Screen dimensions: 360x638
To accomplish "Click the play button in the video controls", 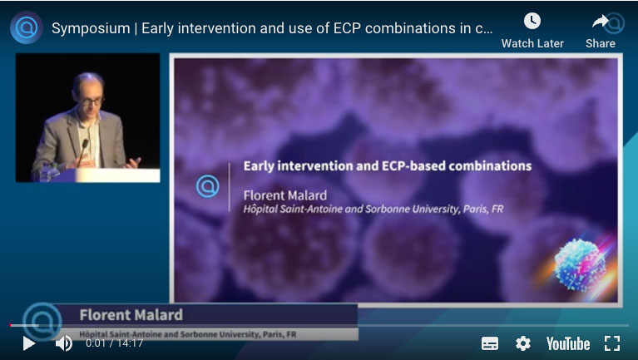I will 28,343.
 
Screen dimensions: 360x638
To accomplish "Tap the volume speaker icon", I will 63,343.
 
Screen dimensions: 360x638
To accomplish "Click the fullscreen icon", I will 612,343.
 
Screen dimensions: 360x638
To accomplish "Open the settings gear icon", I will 522,343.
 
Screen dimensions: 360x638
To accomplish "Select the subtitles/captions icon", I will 490,343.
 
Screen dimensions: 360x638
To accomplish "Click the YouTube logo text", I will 567,343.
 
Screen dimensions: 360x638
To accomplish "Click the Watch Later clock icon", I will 532,22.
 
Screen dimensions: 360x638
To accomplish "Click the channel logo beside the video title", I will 27,27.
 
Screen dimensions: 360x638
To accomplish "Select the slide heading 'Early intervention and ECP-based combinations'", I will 387,165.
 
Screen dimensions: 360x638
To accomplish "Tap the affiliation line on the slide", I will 373,210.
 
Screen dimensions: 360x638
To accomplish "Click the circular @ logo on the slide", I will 207,186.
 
